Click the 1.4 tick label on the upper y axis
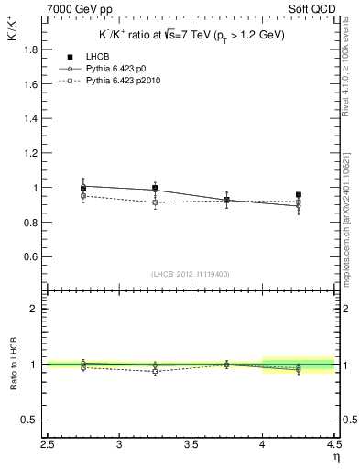click(30, 118)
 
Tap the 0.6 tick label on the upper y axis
click(30, 256)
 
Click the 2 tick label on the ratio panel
click(34, 309)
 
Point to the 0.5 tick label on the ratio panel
click(30, 420)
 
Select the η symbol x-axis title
click(335, 457)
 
